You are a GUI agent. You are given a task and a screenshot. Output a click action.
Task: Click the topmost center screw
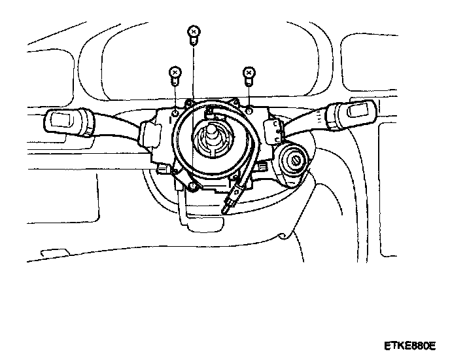click(x=192, y=31)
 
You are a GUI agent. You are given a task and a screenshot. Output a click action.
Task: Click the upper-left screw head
click(x=175, y=71)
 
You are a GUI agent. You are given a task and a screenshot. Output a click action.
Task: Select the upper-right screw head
click(x=249, y=71)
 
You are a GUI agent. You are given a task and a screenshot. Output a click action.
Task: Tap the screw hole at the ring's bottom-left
click(x=194, y=188)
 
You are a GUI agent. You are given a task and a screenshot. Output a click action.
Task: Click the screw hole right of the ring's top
click(x=250, y=111)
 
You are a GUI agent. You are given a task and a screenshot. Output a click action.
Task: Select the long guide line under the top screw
click(x=194, y=118)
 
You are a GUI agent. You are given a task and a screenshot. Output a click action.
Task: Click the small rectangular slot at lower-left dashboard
click(x=50, y=251)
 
